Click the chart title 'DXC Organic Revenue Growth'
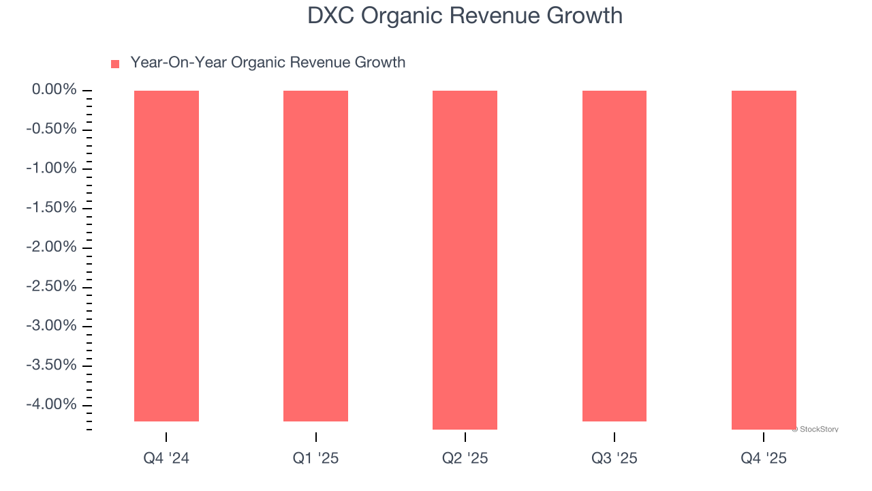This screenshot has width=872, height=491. (x=465, y=16)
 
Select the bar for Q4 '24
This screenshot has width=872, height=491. (x=166, y=256)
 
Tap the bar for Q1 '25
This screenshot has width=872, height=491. (x=315, y=256)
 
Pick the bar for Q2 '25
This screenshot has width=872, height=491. (x=465, y=260)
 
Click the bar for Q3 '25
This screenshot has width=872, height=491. (x=614, y=256)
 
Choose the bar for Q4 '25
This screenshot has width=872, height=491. (x=764, y=260)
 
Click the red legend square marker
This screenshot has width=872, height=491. (x=115, y=63)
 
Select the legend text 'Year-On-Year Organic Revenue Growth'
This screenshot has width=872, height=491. (x=268, y=63)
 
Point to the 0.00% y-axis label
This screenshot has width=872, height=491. (x=54, y=90)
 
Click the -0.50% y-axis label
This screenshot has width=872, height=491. (x=51, y=130)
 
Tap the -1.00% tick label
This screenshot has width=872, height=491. (x=51, y=168)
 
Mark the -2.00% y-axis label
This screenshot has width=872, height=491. (x=51, y=247)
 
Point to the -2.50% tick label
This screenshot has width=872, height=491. (x=51, y=286)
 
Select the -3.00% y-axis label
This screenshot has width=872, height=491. (x=51, y=325)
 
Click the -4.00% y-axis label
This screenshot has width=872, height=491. (x=51, y=404)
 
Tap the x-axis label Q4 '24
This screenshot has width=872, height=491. (x=166, y=458)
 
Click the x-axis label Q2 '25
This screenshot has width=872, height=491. (x=465, y=458)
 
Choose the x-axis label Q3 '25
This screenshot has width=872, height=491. (x=614, y=458)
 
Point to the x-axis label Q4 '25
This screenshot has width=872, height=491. (x=764, y=458)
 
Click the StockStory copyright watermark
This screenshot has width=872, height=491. (x=815, y=430)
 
